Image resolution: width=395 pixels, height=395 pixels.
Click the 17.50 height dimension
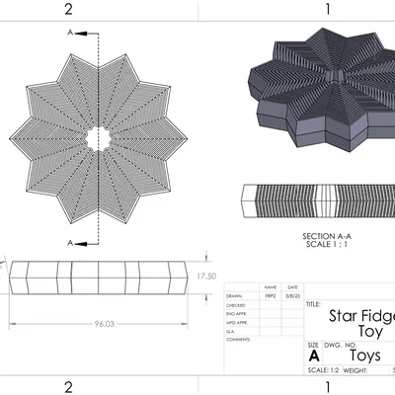205,276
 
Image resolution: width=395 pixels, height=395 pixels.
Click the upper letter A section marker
69,32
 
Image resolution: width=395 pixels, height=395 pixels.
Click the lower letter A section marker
69,242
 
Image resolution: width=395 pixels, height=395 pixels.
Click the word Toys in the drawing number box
364,355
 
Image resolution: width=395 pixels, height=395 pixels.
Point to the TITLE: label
314,305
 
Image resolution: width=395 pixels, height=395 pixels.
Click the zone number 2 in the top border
68,8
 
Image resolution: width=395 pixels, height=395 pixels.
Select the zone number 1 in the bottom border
326,386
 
